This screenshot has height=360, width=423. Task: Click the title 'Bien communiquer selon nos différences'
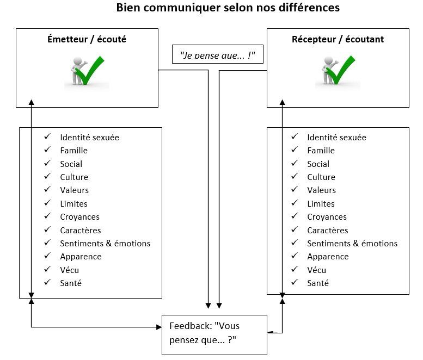(x=228, y=8)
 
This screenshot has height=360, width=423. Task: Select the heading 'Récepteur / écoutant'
(x=338, y=39)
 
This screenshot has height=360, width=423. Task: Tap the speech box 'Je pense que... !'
(x=217, y=55)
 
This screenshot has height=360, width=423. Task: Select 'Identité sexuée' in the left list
(x=89, y=137)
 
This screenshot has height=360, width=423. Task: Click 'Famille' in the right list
(x=321, y=151)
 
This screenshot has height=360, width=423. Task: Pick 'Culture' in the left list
(x=74, y=177)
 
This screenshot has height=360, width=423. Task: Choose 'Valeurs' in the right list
(x=321, y=190)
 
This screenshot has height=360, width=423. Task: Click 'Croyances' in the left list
(x=79, y=217)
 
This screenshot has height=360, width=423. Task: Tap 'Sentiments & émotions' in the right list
(x=352, y=244)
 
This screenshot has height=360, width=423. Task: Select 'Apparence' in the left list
(x=81, y=257)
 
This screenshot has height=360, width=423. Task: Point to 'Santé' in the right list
(x=317, y=283)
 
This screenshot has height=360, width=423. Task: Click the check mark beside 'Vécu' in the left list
(x=48, y=270)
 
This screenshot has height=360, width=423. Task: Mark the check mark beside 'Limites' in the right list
(x=295, y=203)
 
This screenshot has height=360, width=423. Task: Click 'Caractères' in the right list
(x=327, y=230)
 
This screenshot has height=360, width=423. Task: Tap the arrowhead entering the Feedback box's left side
(x=159, y=327)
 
